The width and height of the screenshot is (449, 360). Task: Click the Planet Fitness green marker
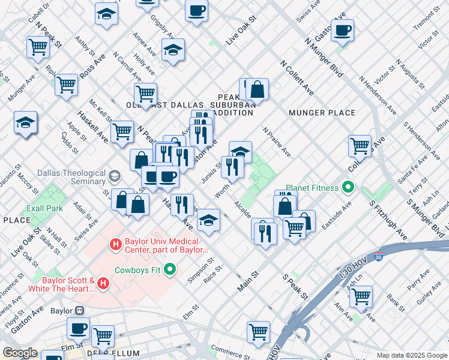coord(348,188)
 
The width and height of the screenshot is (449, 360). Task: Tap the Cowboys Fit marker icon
coord(169,269)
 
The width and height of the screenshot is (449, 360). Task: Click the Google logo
coord(20,352)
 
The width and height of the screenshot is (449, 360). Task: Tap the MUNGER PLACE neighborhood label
coord(322,113)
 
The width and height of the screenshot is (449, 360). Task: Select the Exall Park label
coord(45,209)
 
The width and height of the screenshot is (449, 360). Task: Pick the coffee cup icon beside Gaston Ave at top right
coord(342,30)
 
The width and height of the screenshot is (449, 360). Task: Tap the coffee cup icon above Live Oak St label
coord(196,10)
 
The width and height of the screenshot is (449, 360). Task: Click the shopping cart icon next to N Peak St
coord(38,46)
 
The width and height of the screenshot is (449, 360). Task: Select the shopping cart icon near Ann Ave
coord(361,295)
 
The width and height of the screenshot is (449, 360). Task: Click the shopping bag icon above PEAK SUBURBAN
coord(257,89)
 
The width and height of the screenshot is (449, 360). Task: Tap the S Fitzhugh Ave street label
coord(388,219)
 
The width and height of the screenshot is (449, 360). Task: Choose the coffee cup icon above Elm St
coord(78,328)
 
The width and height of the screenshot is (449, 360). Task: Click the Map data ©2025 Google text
coord(412,355)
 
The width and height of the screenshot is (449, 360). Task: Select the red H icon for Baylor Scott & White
coord(103,283)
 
